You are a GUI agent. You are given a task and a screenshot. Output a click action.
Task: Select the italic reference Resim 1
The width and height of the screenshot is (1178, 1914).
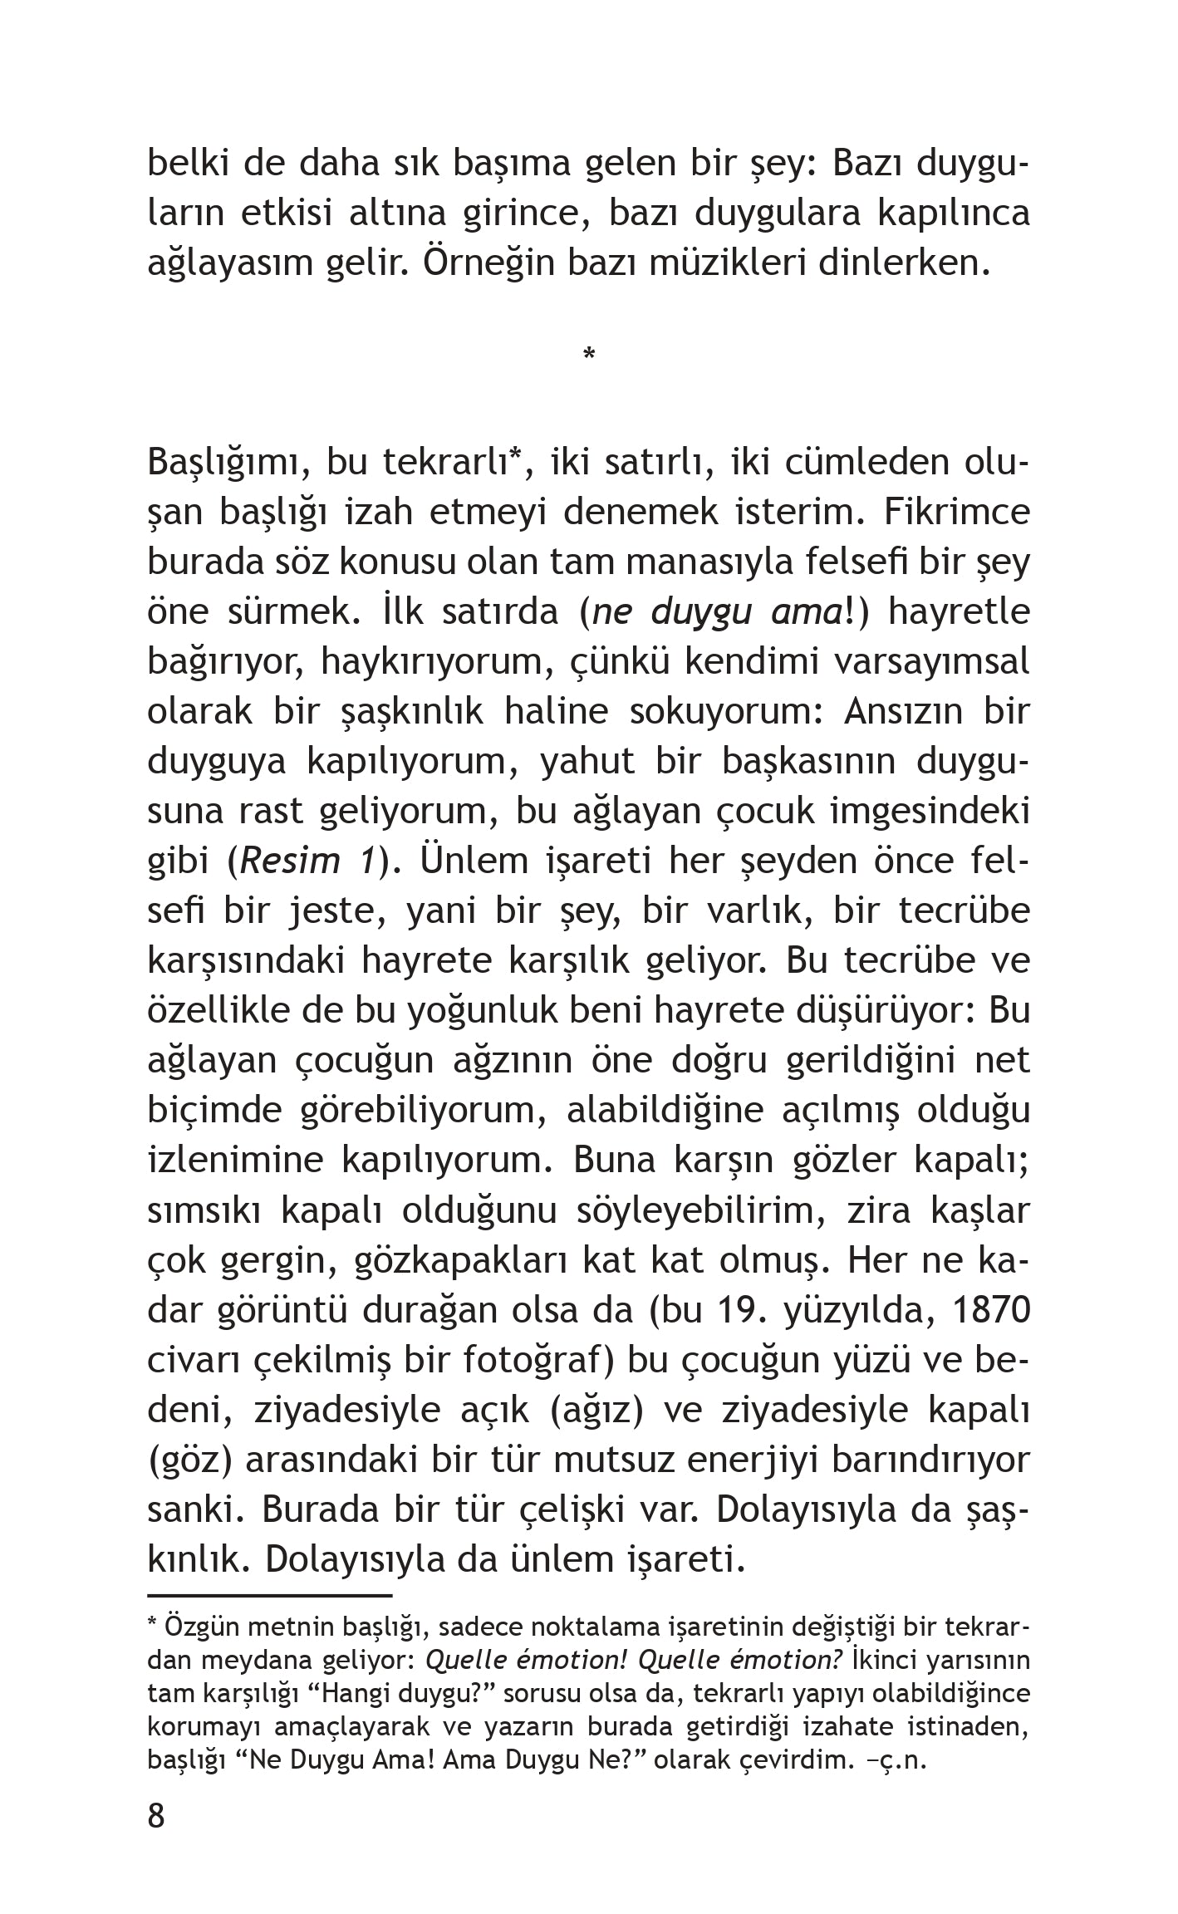click(307, 862)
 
